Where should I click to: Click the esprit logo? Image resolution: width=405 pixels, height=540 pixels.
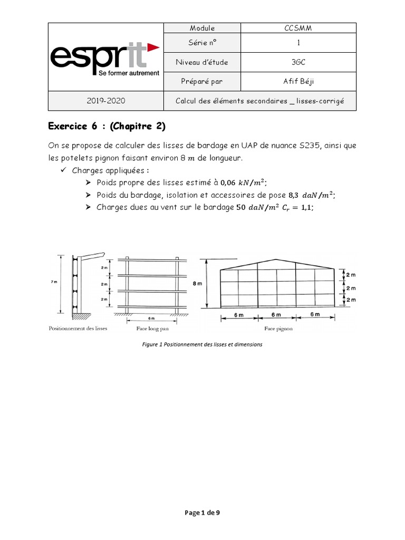pyautogui.click(x=104, y=59)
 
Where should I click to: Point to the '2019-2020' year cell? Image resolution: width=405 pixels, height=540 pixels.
pyautogui.click(x=108, y=101)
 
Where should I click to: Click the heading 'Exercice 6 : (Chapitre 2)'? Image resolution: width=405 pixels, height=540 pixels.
pyautogui.click(x=110, y=126)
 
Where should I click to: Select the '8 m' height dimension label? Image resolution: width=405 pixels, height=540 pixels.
pyautogui.click(x=197, y=284)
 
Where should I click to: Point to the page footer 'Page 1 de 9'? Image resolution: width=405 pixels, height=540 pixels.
pyautogui.click(x=202, y=512)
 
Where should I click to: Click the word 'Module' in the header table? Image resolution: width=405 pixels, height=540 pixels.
pyautogui.click(x=194, y=28)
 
